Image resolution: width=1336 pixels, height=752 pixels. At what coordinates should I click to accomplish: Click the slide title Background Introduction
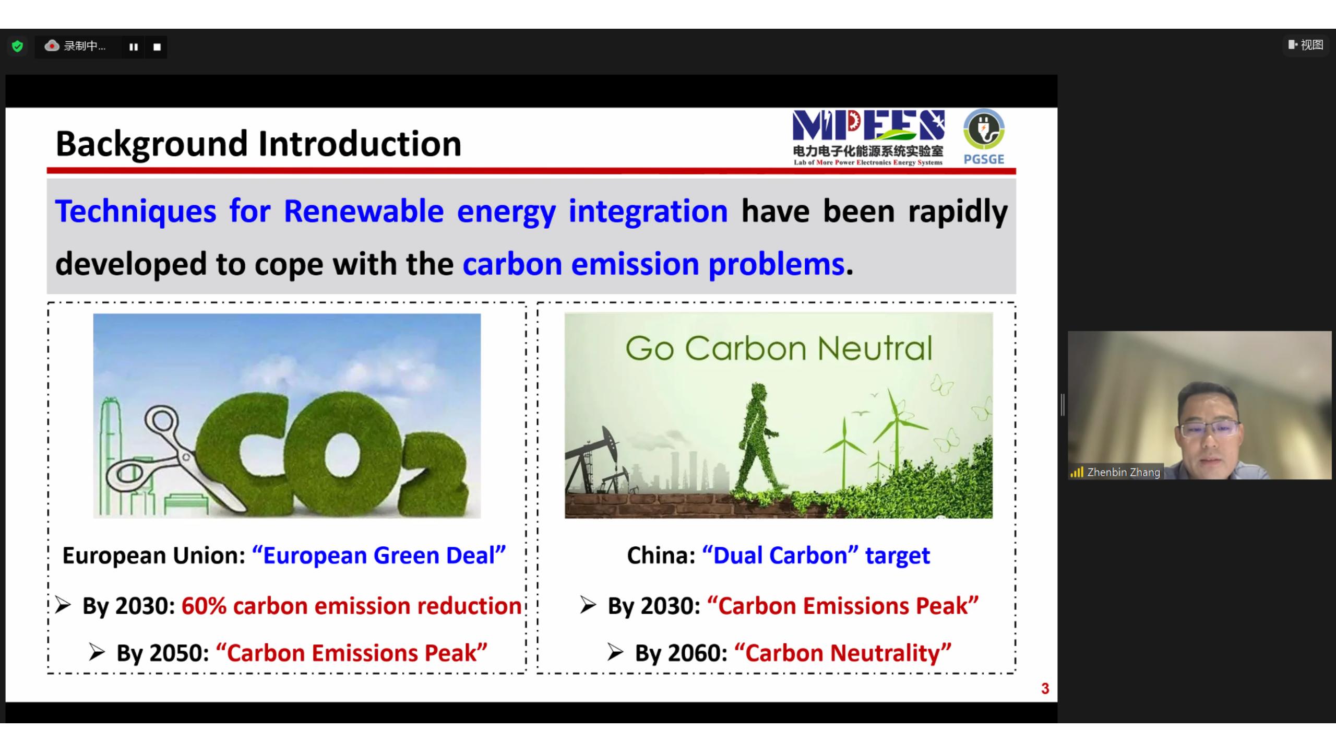[258, 144]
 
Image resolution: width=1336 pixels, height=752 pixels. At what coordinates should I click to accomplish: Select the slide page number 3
[1045, 689]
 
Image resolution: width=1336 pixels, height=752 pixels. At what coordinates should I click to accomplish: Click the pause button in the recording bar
[134, 47]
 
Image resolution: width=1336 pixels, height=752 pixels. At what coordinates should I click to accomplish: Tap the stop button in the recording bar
[157, 47]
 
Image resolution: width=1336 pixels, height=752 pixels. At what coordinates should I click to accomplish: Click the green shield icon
[17, 46]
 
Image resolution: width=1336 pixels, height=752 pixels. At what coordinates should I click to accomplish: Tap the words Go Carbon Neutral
[779, 348]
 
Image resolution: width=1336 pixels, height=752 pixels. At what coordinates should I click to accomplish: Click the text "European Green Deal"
[379, 555]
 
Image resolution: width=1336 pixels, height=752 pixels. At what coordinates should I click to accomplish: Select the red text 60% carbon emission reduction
[352, 606]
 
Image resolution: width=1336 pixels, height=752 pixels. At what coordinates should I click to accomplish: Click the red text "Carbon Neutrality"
[843, 653]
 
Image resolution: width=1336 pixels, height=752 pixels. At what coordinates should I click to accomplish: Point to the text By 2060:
[681, 653]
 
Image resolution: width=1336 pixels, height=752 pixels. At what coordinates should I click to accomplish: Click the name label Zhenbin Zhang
[1123, 472]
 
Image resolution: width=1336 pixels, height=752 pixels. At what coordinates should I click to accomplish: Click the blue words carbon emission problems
[653, 264]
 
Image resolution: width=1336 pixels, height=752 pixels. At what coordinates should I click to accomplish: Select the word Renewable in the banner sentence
[364, 211]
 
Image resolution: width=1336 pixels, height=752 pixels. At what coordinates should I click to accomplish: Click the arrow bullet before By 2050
[97, 652]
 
